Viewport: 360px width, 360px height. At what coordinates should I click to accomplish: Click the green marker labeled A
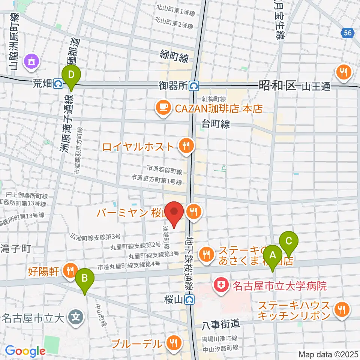[273, 256]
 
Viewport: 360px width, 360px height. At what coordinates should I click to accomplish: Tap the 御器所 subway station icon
[194, 86]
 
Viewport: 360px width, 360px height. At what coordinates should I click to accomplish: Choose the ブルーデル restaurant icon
[173, 343]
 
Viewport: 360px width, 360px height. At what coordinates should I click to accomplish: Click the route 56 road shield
[348, 33]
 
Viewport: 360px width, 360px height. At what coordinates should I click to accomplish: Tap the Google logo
[25, 351]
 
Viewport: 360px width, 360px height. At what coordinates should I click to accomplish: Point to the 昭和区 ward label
[277, 86]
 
